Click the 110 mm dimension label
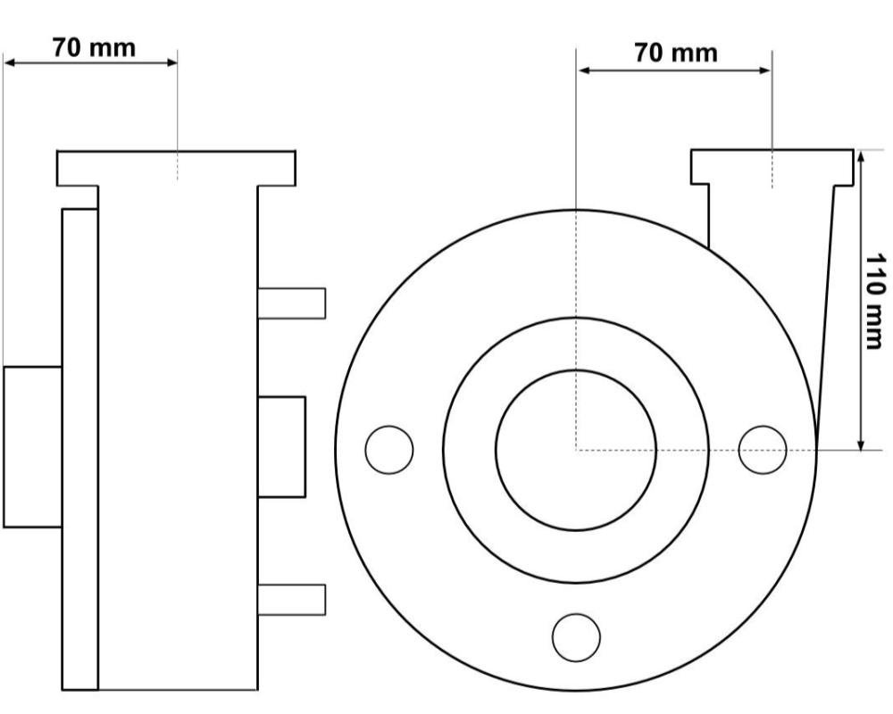click(x=878, y=300)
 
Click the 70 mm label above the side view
click(x=94, y=46)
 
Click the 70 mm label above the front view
click(x=675, y=53)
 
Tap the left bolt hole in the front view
click(x=389, y=449)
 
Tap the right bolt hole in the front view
click(x=763, y=449)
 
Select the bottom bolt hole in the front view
click(x=576, y=636)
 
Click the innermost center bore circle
click(x=576, y=449)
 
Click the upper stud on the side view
click(x=291, y=303)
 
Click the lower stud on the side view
click(x=291, y=598)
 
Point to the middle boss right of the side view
click(x=281, y=446)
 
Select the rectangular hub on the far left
click(x=32, y=446)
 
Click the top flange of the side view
click(x=176, y=168)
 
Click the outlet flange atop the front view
click(x=772, y=167)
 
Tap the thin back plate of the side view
click(x=79, y=446)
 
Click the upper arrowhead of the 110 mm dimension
click(x=861, y=155)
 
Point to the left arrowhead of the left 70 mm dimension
click(x=9, y=62)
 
